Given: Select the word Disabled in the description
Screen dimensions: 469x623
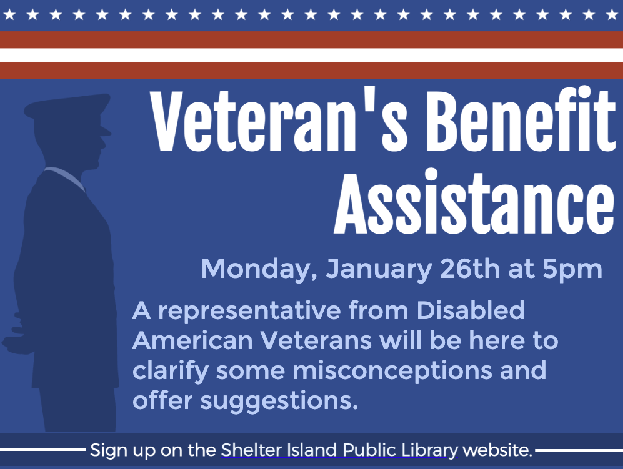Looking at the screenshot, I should click(470, 310).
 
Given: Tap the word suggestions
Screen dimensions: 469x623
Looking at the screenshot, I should click(286, 401).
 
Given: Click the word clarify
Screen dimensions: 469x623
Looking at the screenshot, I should click(171, 371).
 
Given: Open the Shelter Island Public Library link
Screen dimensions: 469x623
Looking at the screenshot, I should click(339, 450).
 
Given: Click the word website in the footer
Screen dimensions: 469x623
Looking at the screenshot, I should click(498, 450).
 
